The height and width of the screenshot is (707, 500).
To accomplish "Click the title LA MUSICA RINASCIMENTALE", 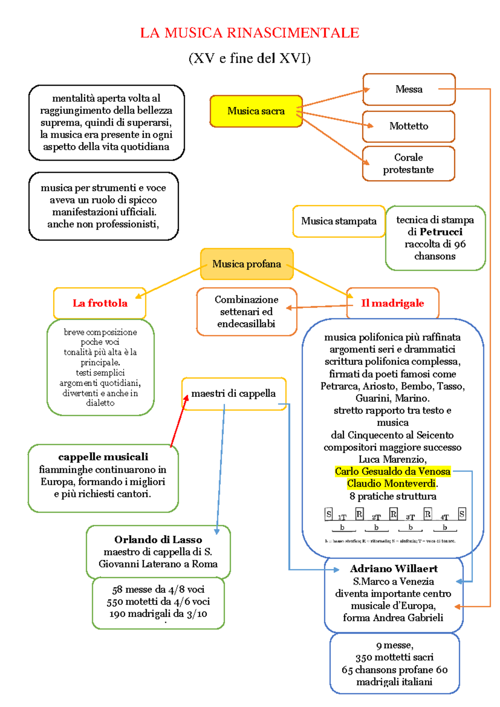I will tap(250, 33).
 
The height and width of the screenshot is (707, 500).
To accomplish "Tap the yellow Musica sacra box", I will tap(256, 111).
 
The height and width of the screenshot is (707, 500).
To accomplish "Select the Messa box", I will tap(409, 89).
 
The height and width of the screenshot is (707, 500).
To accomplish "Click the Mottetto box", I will tap(408, 126).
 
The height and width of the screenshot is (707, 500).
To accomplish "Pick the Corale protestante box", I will tap(408, 163).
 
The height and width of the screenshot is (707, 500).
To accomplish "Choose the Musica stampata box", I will tap(338, 221).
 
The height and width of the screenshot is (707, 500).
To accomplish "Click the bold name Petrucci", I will tap(441, 232).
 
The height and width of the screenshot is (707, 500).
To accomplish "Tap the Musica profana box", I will tap(247, 264).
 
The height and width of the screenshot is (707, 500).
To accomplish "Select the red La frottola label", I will tap(100, 303).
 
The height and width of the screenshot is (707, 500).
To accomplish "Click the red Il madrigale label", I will tap(392, 303).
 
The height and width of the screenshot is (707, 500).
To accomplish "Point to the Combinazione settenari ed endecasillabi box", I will tap(246, 311).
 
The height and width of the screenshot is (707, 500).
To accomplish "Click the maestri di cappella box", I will tap(233, 394).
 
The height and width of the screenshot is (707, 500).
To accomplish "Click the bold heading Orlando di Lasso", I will tap(158, 540).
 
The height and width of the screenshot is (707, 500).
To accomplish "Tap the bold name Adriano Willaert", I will tap(394, 569).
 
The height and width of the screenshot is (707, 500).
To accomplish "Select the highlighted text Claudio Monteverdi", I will tap(391, 484).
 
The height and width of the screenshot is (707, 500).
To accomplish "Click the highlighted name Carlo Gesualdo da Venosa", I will tap(392, 471).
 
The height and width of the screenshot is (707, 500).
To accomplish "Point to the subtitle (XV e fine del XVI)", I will tap(250, 58).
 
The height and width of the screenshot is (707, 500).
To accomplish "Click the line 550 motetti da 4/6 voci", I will tap(158, 602).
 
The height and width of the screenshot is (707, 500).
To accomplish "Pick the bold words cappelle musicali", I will tap(103, 457).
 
